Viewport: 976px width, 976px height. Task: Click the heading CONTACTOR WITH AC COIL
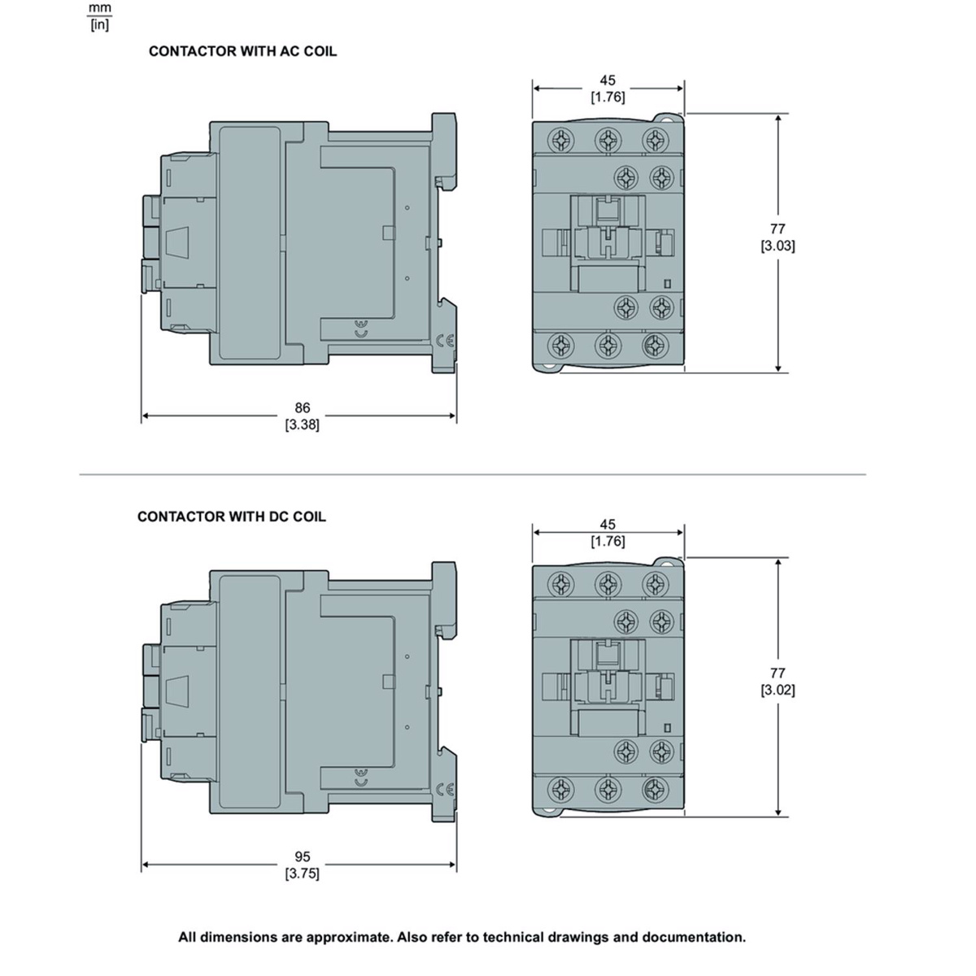(x=242, y=52)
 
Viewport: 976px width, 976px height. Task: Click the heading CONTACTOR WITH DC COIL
(x=232, y=516)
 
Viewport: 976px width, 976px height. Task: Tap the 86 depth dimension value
(x=303, y=407)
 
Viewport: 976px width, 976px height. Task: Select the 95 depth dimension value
(x=303, y=856)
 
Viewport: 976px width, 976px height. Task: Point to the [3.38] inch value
(x=303, y=425)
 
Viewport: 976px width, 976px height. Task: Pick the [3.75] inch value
(x=303, y=874)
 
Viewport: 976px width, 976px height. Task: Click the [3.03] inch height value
(x=778, y=246)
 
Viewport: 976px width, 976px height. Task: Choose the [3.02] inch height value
(x=778, y=690)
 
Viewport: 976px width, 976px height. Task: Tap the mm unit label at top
(x=100, y=8)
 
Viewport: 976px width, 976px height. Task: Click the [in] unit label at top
(x=100, y=24)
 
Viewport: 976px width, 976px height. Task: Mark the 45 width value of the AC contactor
(x=608, y=81)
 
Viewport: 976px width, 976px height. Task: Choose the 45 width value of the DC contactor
(x=608, y=525)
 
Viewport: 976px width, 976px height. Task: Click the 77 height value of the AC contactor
(x=778, y=229)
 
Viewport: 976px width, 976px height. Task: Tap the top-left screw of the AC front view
(x=561, y=139)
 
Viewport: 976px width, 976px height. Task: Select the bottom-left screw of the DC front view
(x=561, y=789)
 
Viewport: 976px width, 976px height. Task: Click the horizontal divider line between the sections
(x=473, y=474)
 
